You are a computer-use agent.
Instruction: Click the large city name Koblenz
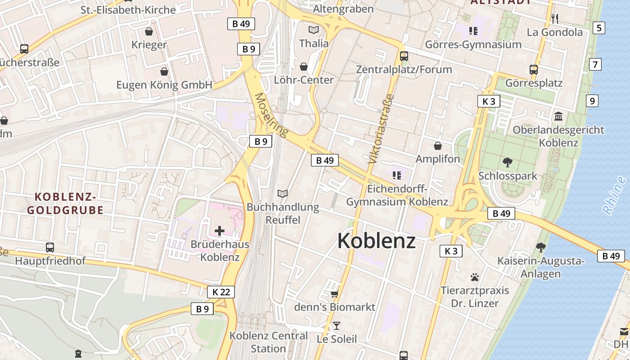pyautogui.click(x=376, y=240)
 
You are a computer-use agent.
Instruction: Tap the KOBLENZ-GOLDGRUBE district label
pyautogui.click(x=65, y=203)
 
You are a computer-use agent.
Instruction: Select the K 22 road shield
pyautogui.click(x=221, y=292)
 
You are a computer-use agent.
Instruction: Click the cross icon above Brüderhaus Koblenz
pyautogui.click(x=220, y=231)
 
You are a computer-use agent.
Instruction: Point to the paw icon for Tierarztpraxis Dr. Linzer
pyautogui.click(x=474, y=277)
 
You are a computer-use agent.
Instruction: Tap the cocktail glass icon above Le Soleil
pyautogui.click(x=336, y=325)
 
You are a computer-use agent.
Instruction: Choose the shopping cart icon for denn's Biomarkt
pyautogui.click(x=334, y=294)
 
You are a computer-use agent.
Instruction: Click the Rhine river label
pyautogui.click(x=614, y=195)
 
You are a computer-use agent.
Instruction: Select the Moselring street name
pyautogui.click(x=271, y=115)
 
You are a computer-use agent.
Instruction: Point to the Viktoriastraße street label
pyautogui.click(x=381, y=129)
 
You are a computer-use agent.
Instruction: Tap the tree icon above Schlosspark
pyautogui.click(x=508, y=162)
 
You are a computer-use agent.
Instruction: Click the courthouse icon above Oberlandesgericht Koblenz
pyautogui.click(x=558, y=117)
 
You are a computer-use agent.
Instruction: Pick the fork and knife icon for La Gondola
pyautogui.click(x=554, y=19)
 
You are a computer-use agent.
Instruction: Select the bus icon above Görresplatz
pyautogui.click(x=534, y=70)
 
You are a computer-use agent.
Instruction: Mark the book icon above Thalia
pyautogui.click(x=313, y=30)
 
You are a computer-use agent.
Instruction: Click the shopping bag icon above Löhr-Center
pyautogui.click(x=304, y=67)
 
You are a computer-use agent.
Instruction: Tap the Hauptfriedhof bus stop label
pyautogui.click(x=50, y=261)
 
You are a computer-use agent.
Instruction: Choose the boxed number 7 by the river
pyautogui.click(x=595, y=64)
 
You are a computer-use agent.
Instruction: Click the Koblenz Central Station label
pyautogui.click(x=269, y=342)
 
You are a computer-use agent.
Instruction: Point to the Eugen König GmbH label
pyautogui.click(x=164, y=85)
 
